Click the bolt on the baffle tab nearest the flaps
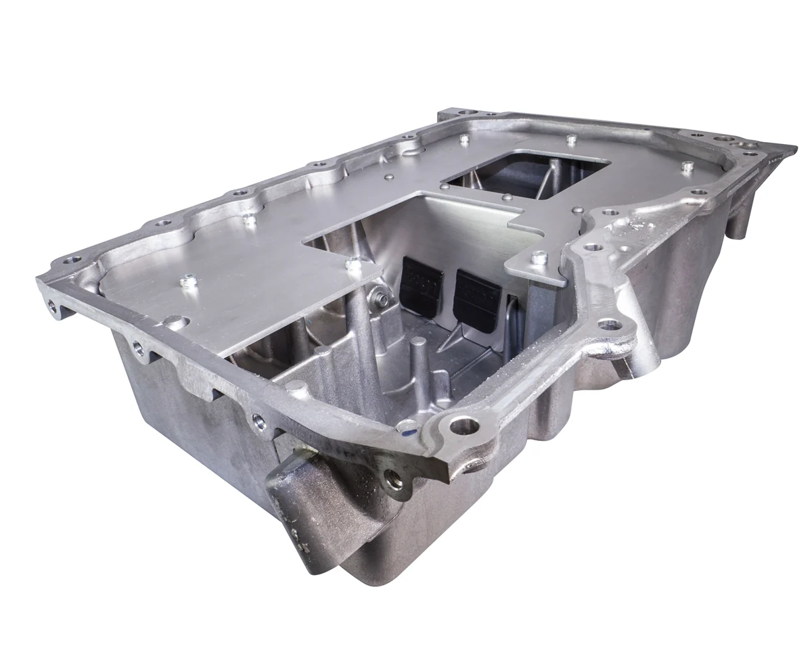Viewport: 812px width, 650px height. [539, 258]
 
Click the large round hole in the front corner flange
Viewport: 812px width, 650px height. [464, 425]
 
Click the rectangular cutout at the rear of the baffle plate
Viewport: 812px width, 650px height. [528, 177]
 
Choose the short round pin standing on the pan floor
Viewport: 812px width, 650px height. [418, 365]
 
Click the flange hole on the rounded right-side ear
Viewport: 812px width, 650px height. [610, 325]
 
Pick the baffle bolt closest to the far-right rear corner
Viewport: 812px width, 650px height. [687, 166]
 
